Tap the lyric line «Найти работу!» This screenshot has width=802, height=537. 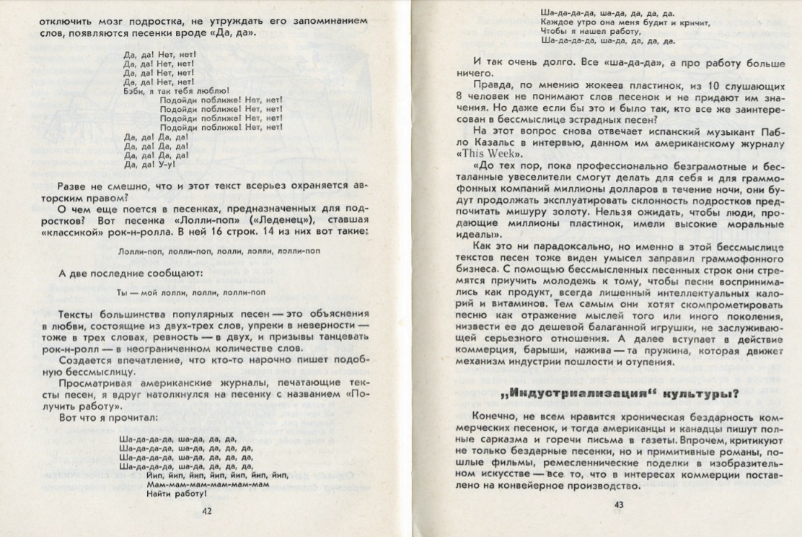(x=176, y=494)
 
